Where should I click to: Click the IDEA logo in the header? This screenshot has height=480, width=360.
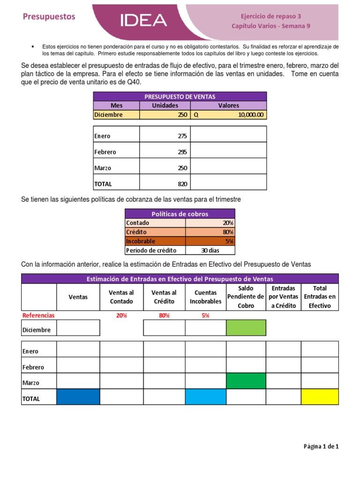(143, 20)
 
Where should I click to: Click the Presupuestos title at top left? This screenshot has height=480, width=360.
(49, 16)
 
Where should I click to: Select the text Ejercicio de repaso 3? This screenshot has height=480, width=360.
(270, 15)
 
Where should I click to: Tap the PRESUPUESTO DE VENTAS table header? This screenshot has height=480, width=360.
(180, 97)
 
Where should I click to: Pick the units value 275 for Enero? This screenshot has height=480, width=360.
(182, 136)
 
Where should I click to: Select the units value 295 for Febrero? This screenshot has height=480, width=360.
(182, 152)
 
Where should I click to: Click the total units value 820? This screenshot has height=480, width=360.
(182, 184)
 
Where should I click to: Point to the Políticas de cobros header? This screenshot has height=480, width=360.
(180, 214)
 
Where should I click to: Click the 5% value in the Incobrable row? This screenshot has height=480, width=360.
(230, 241)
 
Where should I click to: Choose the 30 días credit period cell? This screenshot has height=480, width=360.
(210, 250)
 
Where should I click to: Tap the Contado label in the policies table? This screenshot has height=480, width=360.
(136, 223)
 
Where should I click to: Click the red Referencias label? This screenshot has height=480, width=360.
(39, 315)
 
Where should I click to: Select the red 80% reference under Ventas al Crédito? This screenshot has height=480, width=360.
(164, 315)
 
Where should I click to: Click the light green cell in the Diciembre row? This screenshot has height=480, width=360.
(246, 328)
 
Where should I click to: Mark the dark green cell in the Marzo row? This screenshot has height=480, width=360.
(246, 381)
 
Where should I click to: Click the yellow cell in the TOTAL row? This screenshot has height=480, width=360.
(319, 397)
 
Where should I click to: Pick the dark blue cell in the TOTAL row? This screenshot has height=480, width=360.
(78, 397)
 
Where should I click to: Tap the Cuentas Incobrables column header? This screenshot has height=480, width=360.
(205, 297)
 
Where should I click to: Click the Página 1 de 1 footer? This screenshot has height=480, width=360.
(321, 446)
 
